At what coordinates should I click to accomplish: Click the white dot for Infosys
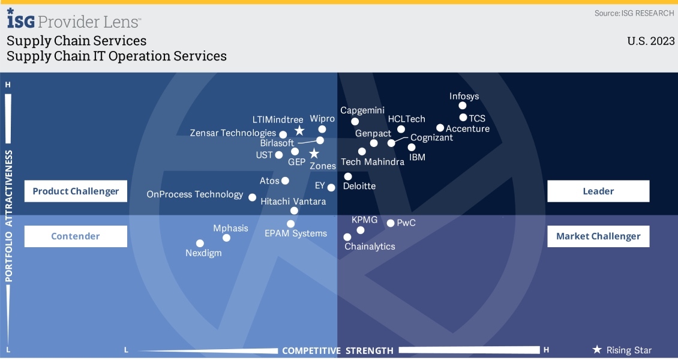coord(463,106)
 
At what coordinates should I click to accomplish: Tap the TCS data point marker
coord(463,118)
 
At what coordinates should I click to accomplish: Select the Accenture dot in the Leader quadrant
coord(440,128)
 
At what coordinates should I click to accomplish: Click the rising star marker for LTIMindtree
coord(299,131)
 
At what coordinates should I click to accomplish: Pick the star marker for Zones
coord(313,154)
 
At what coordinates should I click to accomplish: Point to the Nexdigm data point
coord(200,243)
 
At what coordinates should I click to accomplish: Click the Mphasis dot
coord(226,238)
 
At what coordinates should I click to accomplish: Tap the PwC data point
coord(391,223)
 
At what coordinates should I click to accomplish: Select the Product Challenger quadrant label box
coord(76,191)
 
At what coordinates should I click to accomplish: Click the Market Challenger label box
coord(598,236)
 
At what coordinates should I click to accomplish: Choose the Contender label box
coord(76,236)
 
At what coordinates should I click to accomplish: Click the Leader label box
coord(598,191)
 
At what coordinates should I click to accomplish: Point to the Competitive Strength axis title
coord(338,350)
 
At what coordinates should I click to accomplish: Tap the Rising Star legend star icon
coord(597,350)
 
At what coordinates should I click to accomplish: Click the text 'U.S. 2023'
coord(651,41)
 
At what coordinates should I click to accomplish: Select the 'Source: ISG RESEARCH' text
coord(634,13)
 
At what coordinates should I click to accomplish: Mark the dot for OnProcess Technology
coord(253,197)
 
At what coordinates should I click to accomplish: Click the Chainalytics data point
coord(347,237)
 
